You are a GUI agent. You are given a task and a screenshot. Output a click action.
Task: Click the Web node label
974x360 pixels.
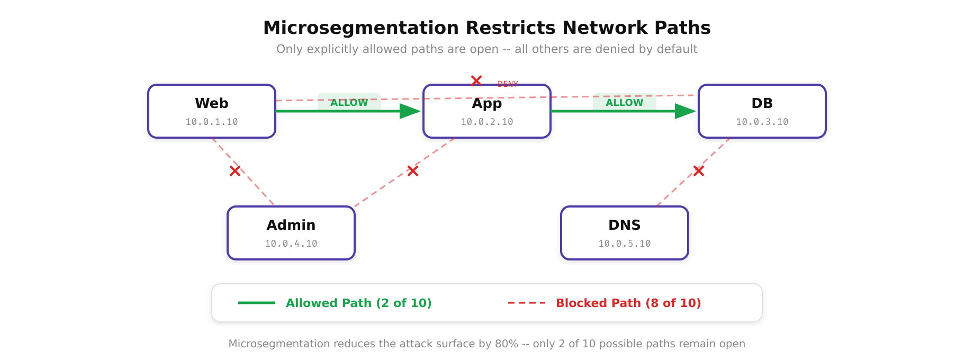click(x=211, y=103)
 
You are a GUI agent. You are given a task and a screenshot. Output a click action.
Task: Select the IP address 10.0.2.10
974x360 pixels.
click(x=486, y=122)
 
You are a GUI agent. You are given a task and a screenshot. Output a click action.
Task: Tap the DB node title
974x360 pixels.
click(x=762, y=103)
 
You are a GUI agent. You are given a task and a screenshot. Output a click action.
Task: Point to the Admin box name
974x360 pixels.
click(x=291, y=225)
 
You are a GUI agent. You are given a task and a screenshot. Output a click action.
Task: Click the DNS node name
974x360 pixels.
click(x=624, y=225)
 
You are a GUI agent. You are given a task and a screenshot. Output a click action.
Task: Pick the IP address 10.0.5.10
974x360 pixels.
click(x=624, y=244)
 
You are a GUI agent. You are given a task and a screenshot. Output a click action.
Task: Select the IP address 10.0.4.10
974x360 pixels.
click(x=291, y=244)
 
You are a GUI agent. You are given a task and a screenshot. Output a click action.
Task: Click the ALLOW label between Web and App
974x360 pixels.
click(x=349, y=103)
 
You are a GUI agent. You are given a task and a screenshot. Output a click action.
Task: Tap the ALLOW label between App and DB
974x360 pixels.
click(x=624, y=103)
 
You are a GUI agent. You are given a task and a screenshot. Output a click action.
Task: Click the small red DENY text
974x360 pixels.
click(x=508, y=84)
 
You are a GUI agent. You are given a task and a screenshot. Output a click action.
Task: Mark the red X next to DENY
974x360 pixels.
click(x=476, y=81)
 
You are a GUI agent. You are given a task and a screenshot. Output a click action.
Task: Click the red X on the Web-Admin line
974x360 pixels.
click(x=235, y=171)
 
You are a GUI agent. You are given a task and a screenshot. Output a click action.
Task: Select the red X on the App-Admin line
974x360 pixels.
click(x=413, y=171)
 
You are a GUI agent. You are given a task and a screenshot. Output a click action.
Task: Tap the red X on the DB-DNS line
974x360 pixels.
click(x=699, y=171)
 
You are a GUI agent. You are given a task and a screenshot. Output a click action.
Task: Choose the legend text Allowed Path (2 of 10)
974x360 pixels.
click(x=358, y=303)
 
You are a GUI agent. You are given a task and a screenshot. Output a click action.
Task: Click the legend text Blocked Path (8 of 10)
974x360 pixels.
click(x=628, y=303)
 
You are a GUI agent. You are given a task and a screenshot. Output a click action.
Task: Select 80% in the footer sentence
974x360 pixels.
click(x=506, y=344)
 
